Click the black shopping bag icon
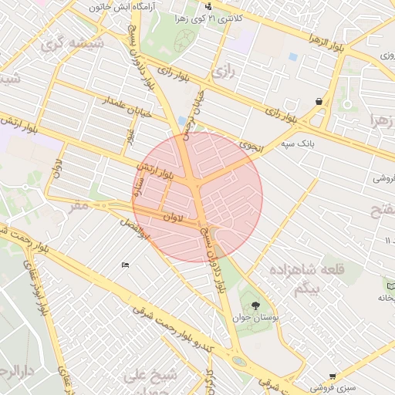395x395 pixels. click(x=319, y=102)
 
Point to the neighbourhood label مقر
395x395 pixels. click(x=79, y=206)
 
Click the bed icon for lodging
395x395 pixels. click(x=125, y=265)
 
